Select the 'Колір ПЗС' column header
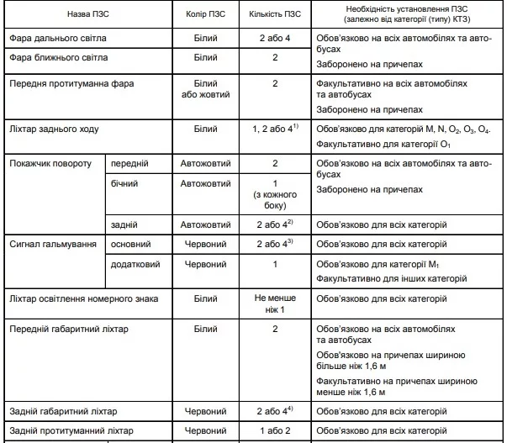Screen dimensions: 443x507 [x=205, y=15]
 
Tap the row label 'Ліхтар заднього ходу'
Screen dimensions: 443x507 [x=52, y=130]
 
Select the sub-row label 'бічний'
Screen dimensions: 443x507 [x=124, y=182]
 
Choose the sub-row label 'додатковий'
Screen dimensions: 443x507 [x=136, y=265]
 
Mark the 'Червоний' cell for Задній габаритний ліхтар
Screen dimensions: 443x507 [x=205, y=411]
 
